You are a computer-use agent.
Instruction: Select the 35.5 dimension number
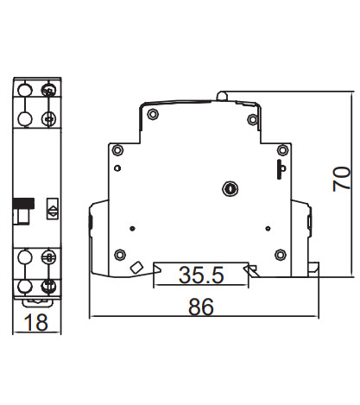point(201,275)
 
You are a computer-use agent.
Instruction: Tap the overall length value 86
point(200,306)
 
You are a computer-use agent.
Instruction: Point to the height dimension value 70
point(342,179)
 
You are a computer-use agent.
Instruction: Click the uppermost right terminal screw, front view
point(50,90)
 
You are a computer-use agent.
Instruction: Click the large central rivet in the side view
point(230,187)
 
